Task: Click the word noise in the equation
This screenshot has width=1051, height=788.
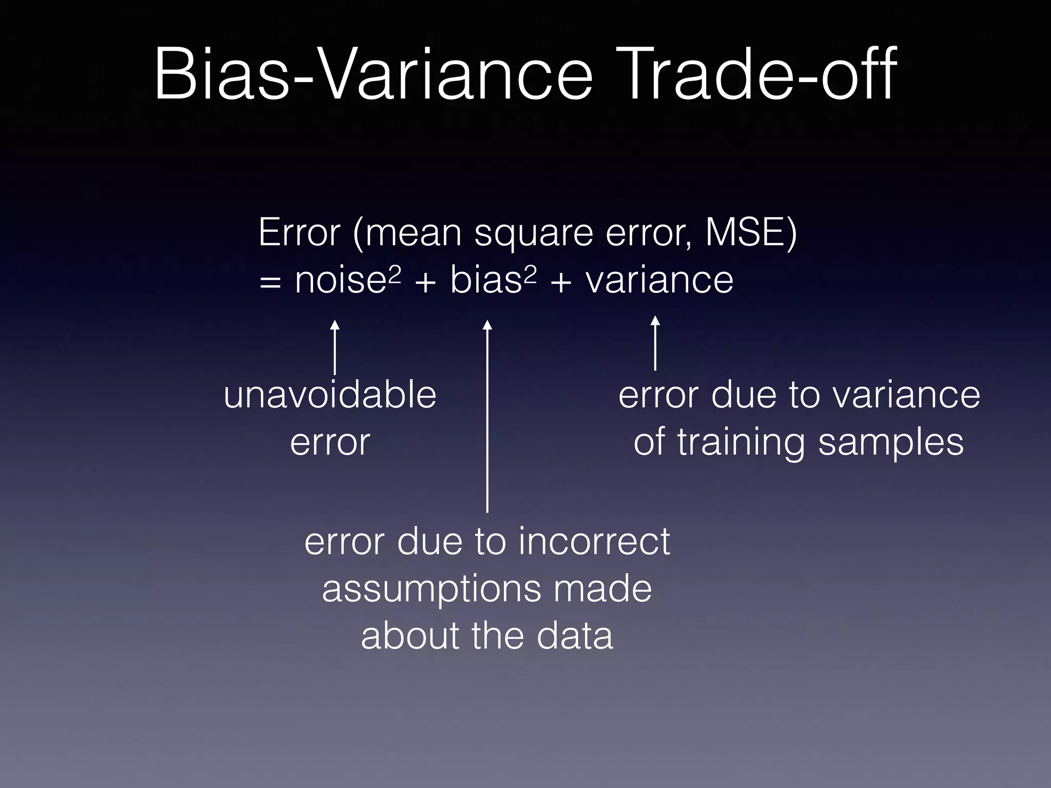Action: (340, 281)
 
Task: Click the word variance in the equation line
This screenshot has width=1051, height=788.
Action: (659, 281)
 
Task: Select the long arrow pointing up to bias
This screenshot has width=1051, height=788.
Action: (488, 416)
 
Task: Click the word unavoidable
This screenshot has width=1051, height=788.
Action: (330, 396)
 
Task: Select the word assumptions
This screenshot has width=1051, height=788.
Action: (431, 589)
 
